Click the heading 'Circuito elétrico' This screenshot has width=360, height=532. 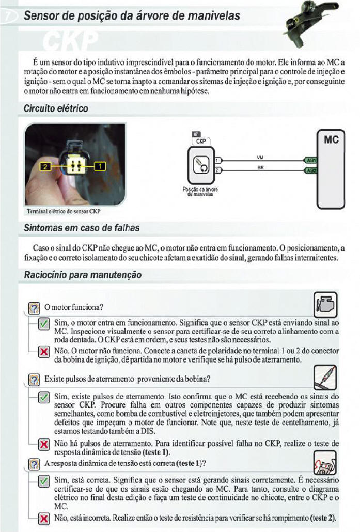pos(56,109)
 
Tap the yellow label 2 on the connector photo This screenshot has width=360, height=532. pos(46,166)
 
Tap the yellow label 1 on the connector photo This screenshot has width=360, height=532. pos(99,166)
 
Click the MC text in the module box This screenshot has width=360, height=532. pos(331,140)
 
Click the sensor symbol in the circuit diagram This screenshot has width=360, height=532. pos(200,165)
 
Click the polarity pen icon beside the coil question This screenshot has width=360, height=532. pos(325,377)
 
